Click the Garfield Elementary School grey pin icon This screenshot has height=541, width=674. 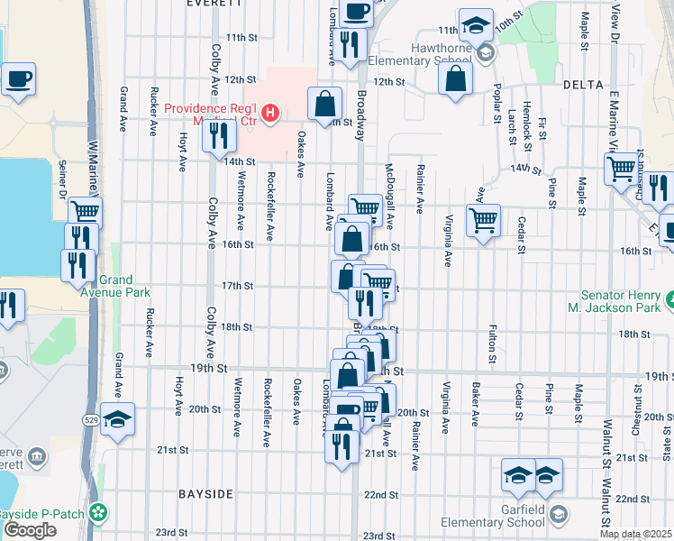[559, 514]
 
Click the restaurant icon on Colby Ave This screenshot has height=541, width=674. [218, 135]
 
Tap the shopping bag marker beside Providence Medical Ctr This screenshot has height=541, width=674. [324, 104]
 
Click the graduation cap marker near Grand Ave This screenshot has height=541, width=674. [117, 418]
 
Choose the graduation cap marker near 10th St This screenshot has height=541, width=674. [476, 24]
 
